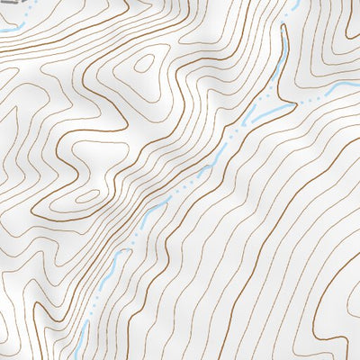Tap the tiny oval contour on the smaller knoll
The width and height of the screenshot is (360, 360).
click(88, 194)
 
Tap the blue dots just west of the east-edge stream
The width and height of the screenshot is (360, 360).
click(310, 97)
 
